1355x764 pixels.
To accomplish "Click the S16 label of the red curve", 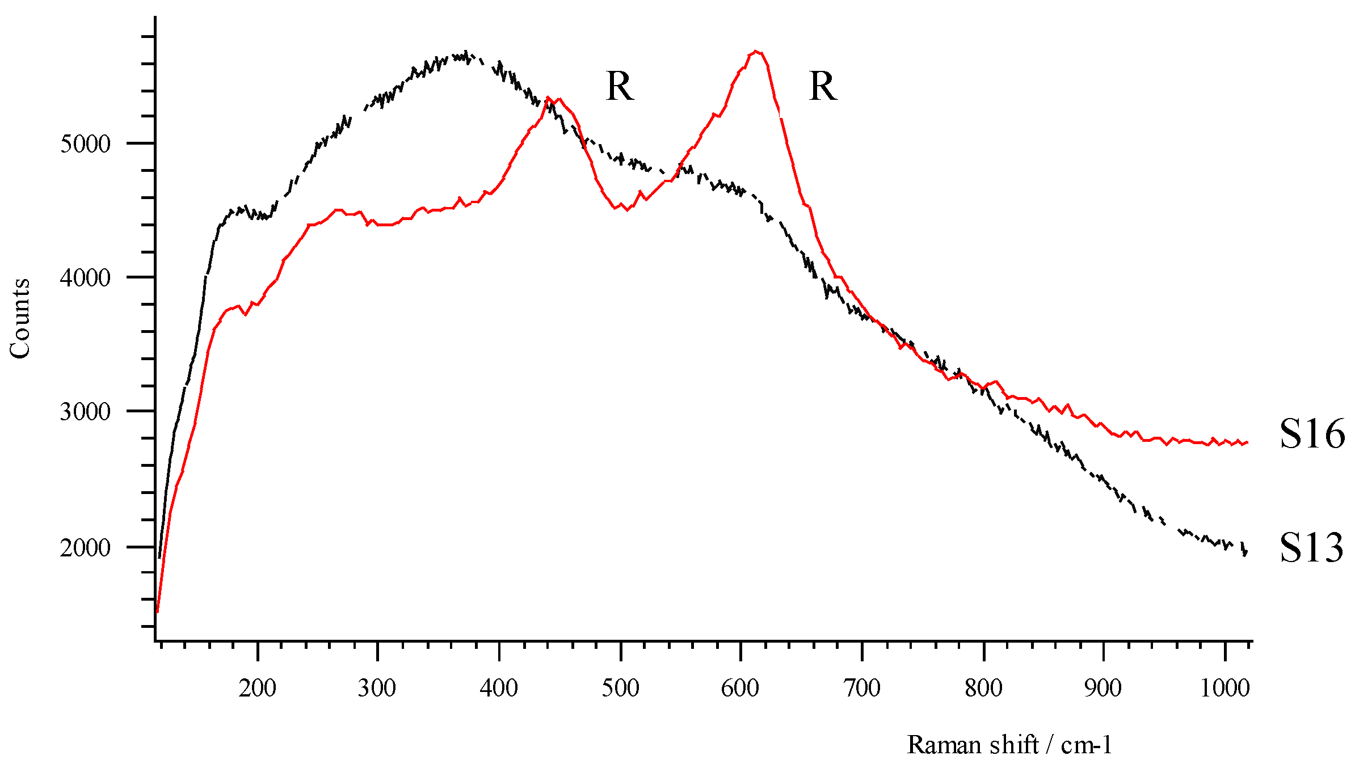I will coord(1312,434).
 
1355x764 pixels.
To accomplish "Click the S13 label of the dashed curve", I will coord(1312,548).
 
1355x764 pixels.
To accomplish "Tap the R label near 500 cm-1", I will coord(619,87).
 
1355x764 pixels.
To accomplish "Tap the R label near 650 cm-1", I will coord(823,87).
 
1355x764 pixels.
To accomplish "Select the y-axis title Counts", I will coord(20,319).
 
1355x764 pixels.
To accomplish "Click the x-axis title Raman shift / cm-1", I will coord(1009,745).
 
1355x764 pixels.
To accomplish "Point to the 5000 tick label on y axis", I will coord(85,143).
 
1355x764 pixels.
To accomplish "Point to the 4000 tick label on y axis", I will coord(85,278).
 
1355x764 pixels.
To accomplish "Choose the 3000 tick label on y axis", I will coord(85,412).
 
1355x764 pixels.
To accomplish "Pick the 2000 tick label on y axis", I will coord(85,547).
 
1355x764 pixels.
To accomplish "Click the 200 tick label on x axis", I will coord(257,689).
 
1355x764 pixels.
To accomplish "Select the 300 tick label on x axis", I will coord(377,689).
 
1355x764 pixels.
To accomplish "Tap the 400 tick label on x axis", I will coord(499,689).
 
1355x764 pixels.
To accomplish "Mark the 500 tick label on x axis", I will coord(621,689).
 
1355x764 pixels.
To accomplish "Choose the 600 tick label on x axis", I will coord(740,689).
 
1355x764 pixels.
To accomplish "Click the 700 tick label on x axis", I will coord(861,689).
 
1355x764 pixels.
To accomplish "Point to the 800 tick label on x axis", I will coord(983,689).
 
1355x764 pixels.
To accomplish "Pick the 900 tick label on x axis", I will coord(1102,689).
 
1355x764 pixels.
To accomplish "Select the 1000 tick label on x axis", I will coord(1225,689).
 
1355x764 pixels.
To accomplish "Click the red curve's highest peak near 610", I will coord(756,52).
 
